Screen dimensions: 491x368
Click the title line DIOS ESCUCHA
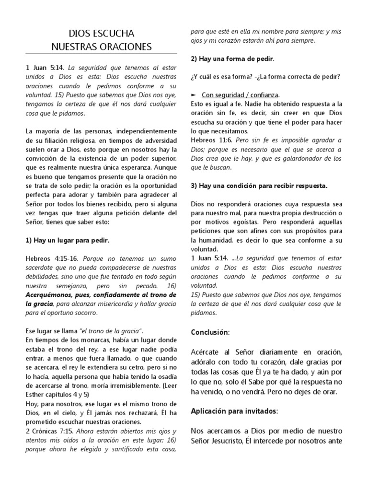pos(102,34)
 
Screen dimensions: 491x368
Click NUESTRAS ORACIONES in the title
pos(102,47)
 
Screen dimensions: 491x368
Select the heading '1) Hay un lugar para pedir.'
pos(70,240)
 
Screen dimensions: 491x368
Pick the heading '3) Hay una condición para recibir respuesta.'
pos(259,185)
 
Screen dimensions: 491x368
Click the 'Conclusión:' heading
pos(210,332)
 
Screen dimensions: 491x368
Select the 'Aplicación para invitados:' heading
pos(234,411)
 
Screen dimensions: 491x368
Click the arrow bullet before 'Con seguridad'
pos(194,95)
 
